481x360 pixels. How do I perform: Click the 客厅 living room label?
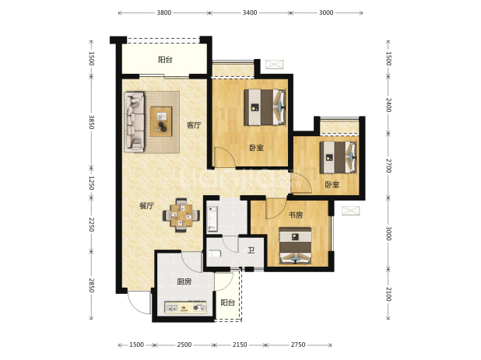[194, 125]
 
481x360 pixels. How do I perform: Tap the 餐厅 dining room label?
[146, 206]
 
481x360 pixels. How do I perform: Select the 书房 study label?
[296, 215]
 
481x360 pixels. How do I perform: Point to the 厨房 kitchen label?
[184, 281]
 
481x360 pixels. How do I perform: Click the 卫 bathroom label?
[251, 250]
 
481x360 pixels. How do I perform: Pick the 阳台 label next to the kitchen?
[228, 302]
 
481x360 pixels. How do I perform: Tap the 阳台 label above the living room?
[165, 59]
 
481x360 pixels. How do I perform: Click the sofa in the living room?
[135, 122]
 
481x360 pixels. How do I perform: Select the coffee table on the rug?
[161, 121]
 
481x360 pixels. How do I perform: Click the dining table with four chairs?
[181, 215]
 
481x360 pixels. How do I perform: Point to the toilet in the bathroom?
[214, 253]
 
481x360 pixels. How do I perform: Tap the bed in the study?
[296, 246]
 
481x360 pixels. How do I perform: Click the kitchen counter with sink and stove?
[185, 308]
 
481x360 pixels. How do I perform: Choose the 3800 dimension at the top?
[164, 13]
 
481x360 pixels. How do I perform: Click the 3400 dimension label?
[250, 13]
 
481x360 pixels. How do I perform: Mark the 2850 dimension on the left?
[91, 285]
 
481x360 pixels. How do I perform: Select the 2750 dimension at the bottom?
[298, 344]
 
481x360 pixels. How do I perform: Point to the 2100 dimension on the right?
[388, 294]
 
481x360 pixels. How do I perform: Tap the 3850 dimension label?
[91, 122]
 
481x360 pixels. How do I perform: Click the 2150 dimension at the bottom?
[240, 344]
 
